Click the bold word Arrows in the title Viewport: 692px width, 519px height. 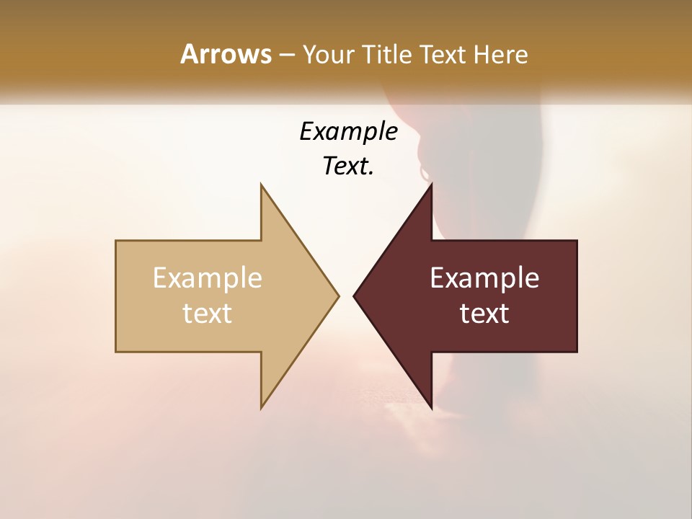coord(226,54)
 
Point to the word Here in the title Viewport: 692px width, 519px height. coord(501,54)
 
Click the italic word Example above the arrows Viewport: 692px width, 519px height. coord(348,131)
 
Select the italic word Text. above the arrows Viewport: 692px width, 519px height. coord(347,166)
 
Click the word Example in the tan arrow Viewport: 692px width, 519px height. coord(208,278)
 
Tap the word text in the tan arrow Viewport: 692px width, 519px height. coord(208,313)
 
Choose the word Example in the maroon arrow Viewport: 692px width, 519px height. coord(484,278)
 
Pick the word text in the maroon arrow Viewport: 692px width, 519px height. coord(484,313)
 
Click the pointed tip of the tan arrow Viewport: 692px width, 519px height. coord(337,296)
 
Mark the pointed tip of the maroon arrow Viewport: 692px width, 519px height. coord(355,296)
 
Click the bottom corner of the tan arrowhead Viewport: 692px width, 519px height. coord(262,407)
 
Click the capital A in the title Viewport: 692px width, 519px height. coord(189,54)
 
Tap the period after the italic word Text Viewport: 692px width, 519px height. coord(371,173)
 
